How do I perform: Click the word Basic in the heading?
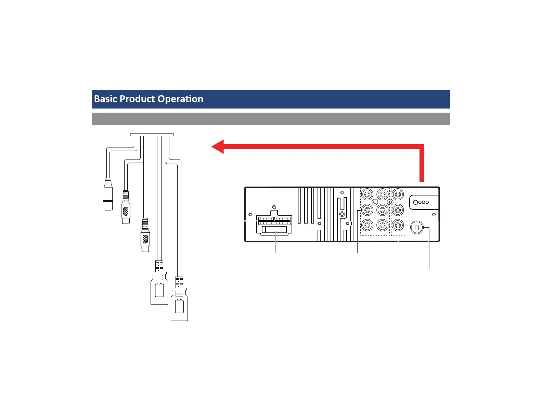coord(105,99)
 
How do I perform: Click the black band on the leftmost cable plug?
coord(108,201)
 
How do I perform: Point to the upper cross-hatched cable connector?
coord(126,211)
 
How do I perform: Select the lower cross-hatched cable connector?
coord(145,239)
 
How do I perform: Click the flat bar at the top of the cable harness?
coord(152,135)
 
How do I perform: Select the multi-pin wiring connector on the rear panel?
coord(274,225)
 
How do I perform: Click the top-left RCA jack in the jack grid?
coord(367,195)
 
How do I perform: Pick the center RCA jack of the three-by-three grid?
coord(383,210)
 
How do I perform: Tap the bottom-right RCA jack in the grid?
coord(398,225)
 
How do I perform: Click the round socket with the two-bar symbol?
coord(417,228)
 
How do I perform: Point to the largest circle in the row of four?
coord(415,202)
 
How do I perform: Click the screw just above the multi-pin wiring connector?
coord(274,207)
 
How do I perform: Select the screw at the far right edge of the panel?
coord(434,214)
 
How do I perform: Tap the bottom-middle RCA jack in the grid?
coord(383,225)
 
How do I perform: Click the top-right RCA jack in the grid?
coord(398,195)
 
